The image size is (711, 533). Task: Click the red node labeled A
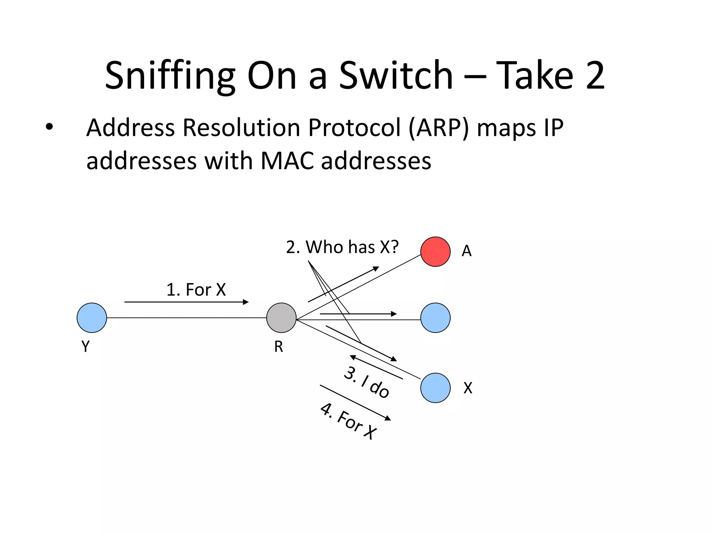coord(435,252)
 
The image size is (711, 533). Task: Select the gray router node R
coord(281,318)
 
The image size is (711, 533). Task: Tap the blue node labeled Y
coord(92,318)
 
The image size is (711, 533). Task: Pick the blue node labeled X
coord(435,388)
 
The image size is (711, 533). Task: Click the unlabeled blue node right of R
coord(435,318)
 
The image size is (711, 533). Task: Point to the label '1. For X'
coord(196,289)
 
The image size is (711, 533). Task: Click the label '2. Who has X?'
coord(342,247)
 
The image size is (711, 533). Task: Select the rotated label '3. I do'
coord(367,382)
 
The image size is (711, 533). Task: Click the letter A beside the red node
coord(467,251)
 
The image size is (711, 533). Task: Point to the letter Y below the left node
coord(85,346)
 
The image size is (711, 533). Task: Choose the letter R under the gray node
coord(278,347)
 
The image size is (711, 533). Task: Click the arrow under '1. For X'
coord(186,302)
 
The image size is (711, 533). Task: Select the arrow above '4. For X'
coord(355,403)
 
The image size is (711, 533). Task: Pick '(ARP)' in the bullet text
coord(438,128)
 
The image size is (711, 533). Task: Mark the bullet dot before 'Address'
coord(49,127)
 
